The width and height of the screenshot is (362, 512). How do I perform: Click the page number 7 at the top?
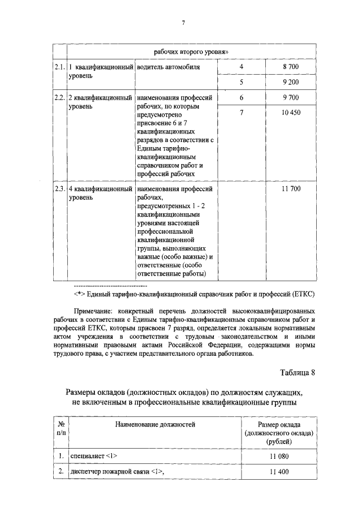(x=183, y=23)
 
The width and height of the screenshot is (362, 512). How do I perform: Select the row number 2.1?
(x=60, y=67)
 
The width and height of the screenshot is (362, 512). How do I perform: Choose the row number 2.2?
(x=60, y=98)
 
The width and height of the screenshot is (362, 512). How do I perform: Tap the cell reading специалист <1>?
(x=93, y=455)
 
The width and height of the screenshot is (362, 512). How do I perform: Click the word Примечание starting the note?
(x=92, y=311)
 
